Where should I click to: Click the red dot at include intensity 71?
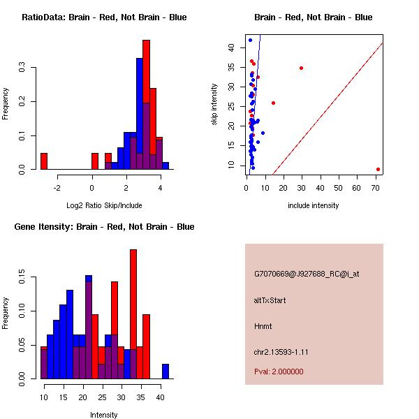tap(378, 169)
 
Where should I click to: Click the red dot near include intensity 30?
tap(301, 68)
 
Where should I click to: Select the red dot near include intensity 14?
tap(273, 103)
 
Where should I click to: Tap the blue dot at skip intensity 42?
tap(250, 40)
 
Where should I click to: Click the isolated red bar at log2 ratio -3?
tap(44, 161)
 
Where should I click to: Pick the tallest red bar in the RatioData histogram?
tap(147, 105)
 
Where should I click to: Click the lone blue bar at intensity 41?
tap(166, 371)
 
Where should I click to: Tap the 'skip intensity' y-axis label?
tap(214, 105)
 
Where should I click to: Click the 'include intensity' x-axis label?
tap(314, 205)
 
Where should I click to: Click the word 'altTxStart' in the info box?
tap(270, 300)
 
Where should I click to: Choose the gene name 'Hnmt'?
tap(263, 326)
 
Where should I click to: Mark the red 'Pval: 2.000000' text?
tap(279, 372)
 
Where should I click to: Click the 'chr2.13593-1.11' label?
tap(281, 352)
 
